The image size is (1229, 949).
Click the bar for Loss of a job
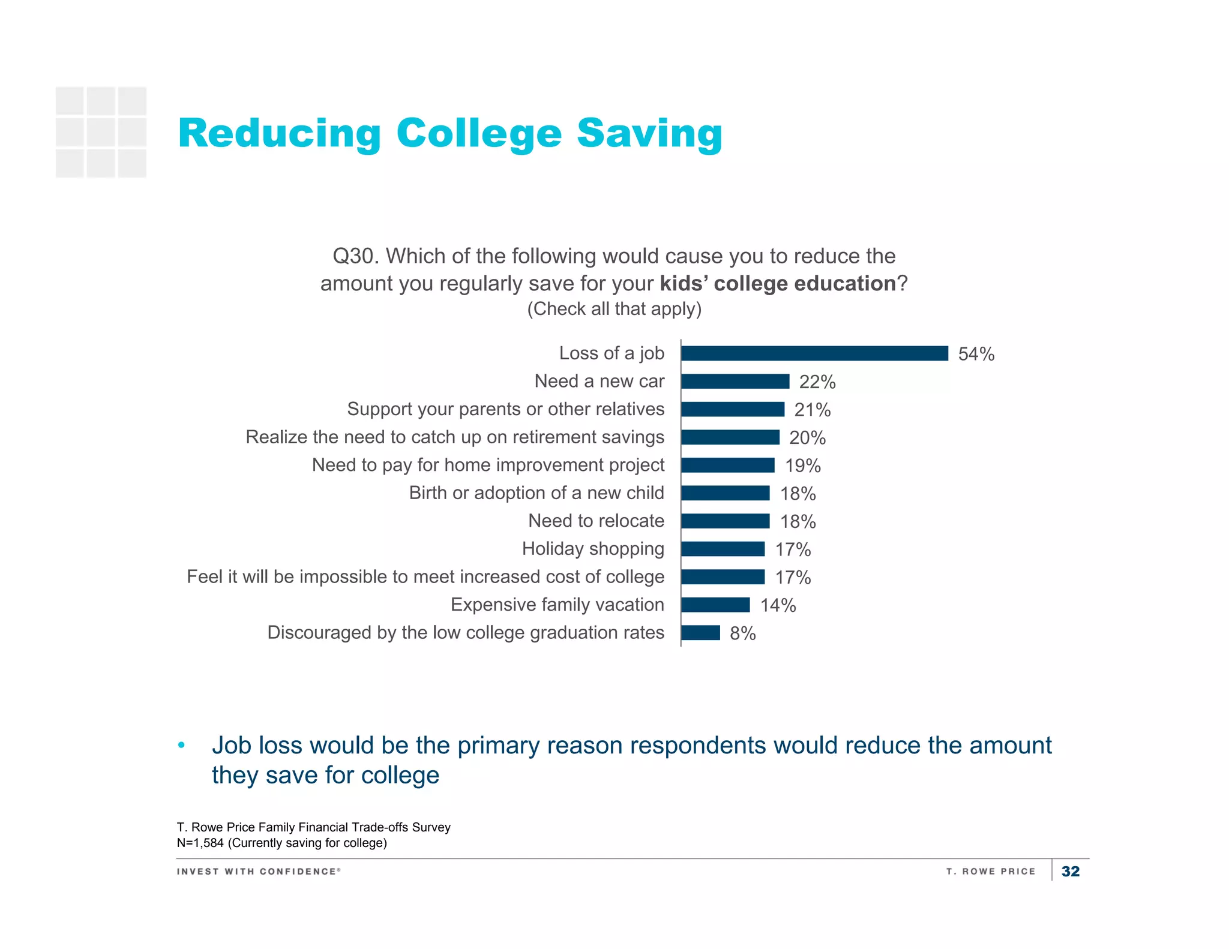[x=814, y=353]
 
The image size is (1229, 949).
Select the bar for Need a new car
[x=735, y=382]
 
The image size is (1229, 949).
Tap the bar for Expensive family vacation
[x=715, y=605]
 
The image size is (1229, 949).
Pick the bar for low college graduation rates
[x=700, y=633]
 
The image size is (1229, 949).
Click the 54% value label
[x=976, y=354]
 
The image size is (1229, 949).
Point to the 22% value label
[x=817, y=382]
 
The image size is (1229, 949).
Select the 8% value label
[x=742, y=633]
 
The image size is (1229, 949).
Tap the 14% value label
[x=778, y=605]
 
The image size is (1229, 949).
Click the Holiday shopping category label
[x=593, y=549]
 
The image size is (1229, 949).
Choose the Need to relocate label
[x=596, y=521]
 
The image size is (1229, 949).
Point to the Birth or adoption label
[x=536, y=493]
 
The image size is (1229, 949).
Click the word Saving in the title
[x=649, y=133]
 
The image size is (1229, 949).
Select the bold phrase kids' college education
[x=778, y=283]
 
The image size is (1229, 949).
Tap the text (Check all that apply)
[x=614, y=309]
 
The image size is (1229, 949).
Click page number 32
[x=1070, y=871]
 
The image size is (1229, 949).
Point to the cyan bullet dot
[x=181, y=746]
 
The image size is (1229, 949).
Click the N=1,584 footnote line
[x=281, y=843]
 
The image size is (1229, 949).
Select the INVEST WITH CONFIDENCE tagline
[x=259, y=871]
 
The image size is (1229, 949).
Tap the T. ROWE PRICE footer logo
[x=991, y=871]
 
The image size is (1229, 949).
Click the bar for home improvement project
[x=728, y=466]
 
